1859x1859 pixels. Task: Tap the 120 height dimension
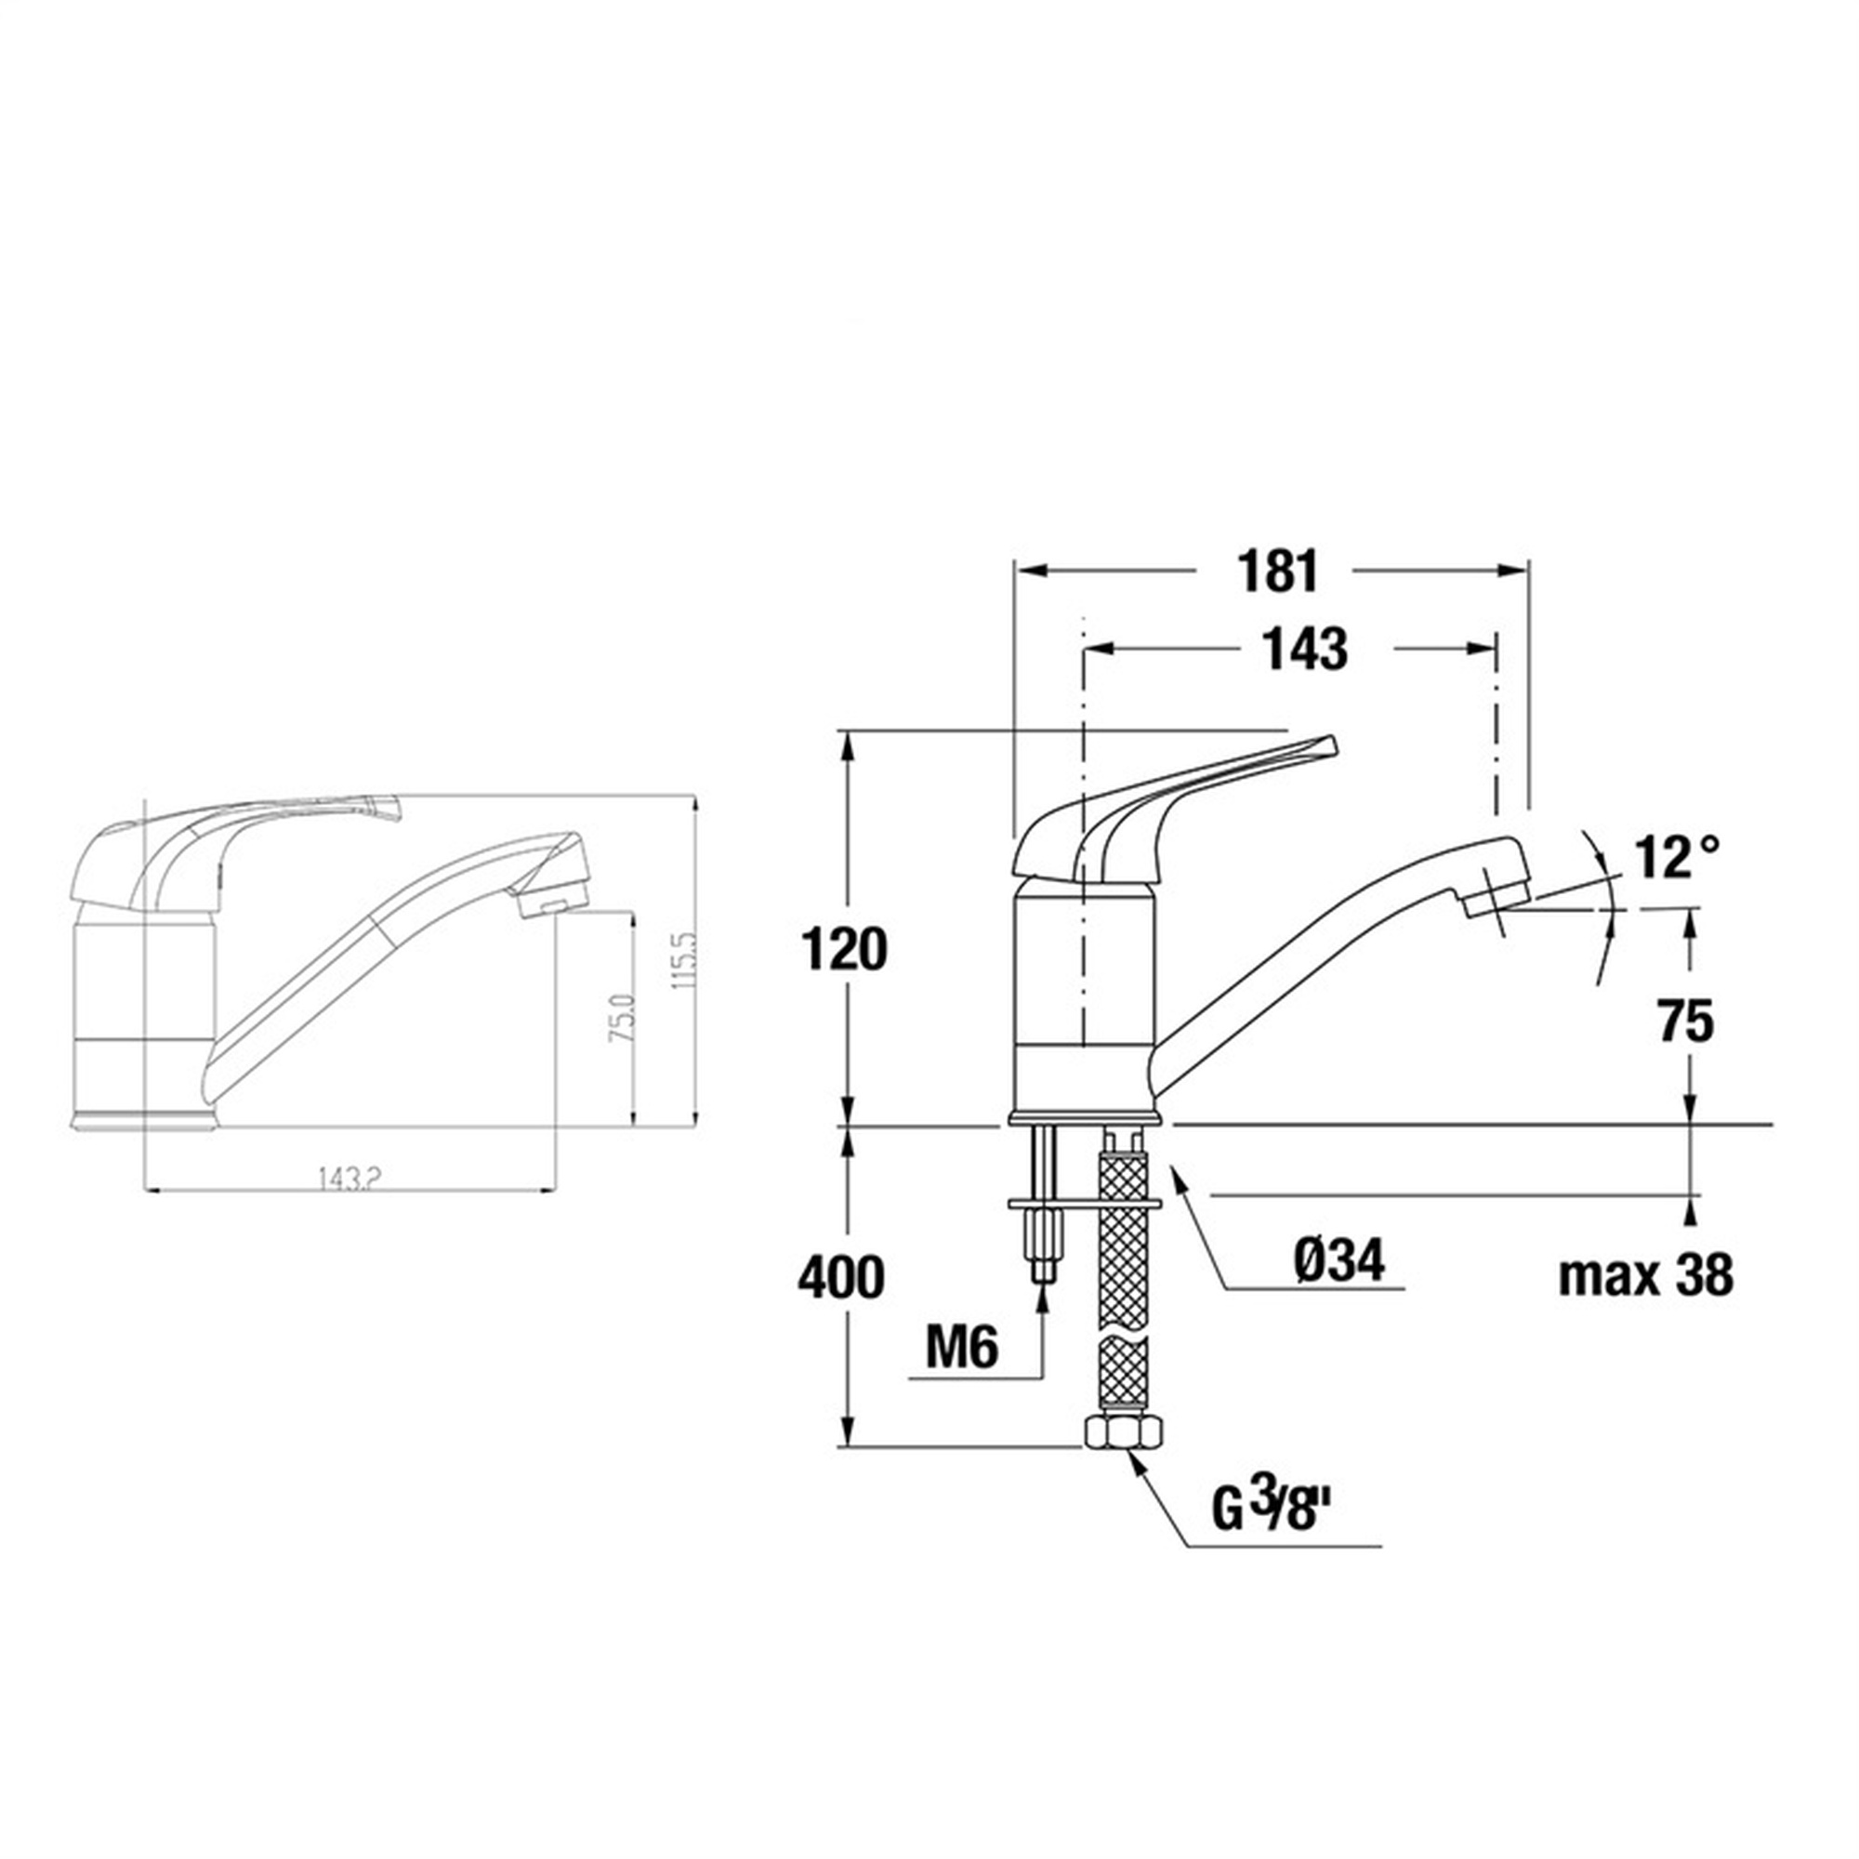click(844, 950)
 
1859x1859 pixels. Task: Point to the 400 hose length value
click(841, 1279)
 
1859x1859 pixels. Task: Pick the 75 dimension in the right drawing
click(1687, 1020)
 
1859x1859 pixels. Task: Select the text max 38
click(1646, 1276)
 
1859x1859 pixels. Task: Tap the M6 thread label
click(962, 1348)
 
